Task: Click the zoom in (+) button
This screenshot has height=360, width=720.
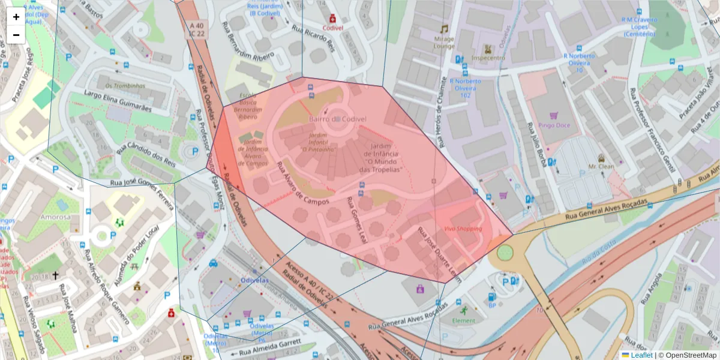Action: click(x=16, y=17)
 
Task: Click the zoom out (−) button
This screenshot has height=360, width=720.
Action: click(x=16, y=35)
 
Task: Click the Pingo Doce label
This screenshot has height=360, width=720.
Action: click(x=554, y=125)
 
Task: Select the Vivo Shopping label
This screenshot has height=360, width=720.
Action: click(x=463, y=229)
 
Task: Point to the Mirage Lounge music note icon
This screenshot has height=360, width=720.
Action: click(x=444, y=29)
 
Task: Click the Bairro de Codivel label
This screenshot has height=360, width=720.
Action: click(x=337, y=119)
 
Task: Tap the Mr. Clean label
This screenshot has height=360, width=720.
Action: click(x=601, y=166)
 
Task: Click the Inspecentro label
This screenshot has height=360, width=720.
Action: click(x=488, y=58)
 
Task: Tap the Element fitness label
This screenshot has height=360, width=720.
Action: click(x=463, y=320)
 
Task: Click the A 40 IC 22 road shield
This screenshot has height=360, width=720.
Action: click(x=196, y=29)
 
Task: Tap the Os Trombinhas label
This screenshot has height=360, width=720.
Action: click(x=125, y=86)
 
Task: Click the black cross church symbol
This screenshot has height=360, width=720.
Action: click(x=56, y=275)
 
